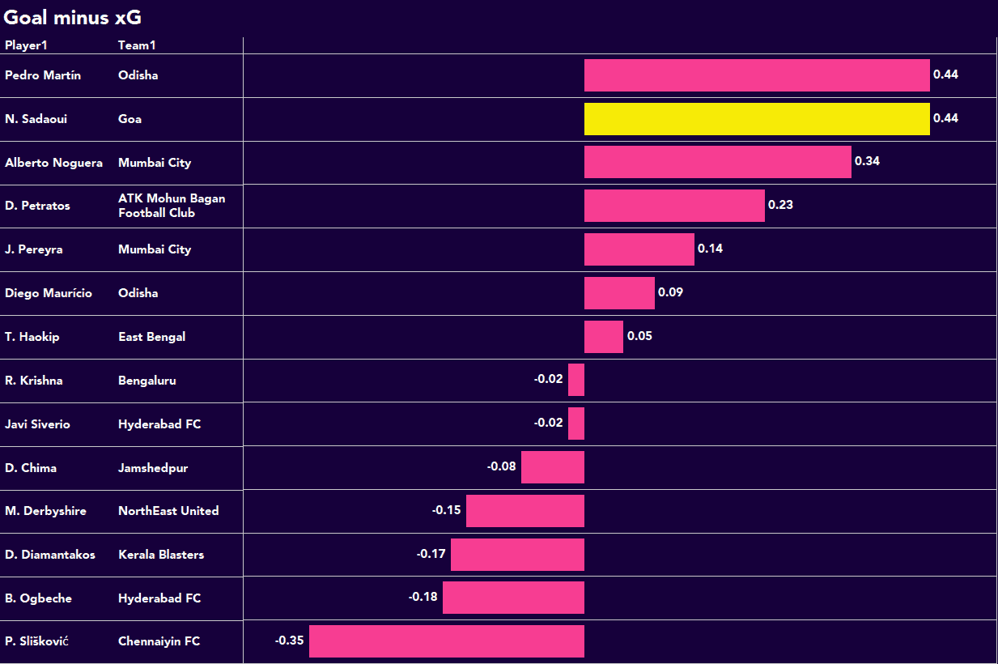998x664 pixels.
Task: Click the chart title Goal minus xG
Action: pos(73,17)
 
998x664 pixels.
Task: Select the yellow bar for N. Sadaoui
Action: pos(757,118)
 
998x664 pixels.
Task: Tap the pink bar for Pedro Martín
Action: pos(757,75)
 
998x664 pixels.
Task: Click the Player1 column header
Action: pos(26,45)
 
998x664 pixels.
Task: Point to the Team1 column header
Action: pos(137,45)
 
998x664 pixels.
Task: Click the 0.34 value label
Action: pos(867,161)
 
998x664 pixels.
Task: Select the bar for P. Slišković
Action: pos(446,641)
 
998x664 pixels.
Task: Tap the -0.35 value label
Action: pos(290,641)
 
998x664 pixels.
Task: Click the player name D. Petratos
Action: pos(37,206)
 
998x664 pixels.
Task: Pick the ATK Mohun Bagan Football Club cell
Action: pos(172,206)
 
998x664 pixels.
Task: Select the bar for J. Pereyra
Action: pos(639,249)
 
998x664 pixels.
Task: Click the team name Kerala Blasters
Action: pos(161,555)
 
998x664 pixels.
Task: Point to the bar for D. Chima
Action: pos(553,467)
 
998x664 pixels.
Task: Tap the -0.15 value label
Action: pos(446,510)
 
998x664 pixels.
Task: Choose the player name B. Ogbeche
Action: pos(38,598)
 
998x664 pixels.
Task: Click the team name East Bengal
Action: pos(151,337)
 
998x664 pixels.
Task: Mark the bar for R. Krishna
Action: pos(576,380)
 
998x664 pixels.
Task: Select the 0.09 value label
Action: pos(670,292)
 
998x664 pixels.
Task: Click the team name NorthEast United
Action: pos(168,511)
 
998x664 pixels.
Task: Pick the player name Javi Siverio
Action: pos(37,424)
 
